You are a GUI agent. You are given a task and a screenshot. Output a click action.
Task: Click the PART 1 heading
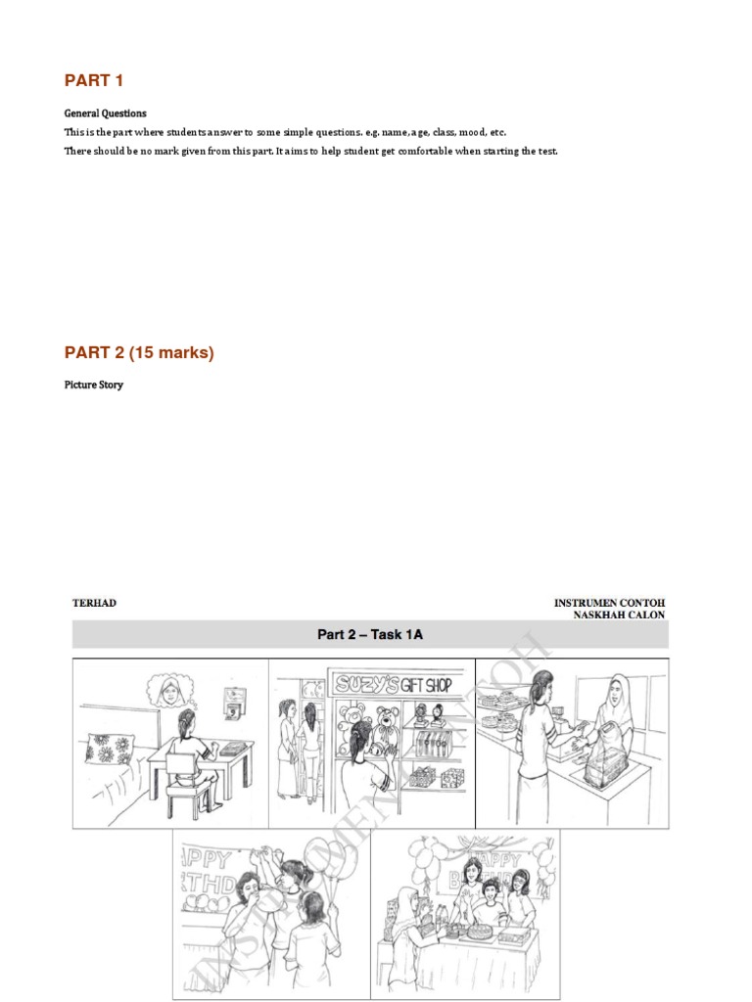tap(94, 80)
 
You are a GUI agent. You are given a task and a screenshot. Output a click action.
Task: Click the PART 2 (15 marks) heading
tap(139, 352)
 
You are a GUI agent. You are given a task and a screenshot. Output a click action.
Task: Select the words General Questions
tap(106, 114)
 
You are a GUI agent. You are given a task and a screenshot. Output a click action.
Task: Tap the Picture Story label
tap(94, 385)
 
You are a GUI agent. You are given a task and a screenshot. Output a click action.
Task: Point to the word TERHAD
tap(94, 603)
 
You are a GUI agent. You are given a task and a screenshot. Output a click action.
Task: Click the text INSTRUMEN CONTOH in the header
tap(609, 603)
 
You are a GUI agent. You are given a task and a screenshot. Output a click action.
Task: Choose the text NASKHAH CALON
tap(619, 615)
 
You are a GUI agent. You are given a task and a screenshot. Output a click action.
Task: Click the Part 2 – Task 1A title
tap(370, 635)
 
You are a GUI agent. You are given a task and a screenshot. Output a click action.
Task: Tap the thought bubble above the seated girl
tap(172, 692)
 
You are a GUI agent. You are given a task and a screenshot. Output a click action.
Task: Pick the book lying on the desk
tap(231, 748)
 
